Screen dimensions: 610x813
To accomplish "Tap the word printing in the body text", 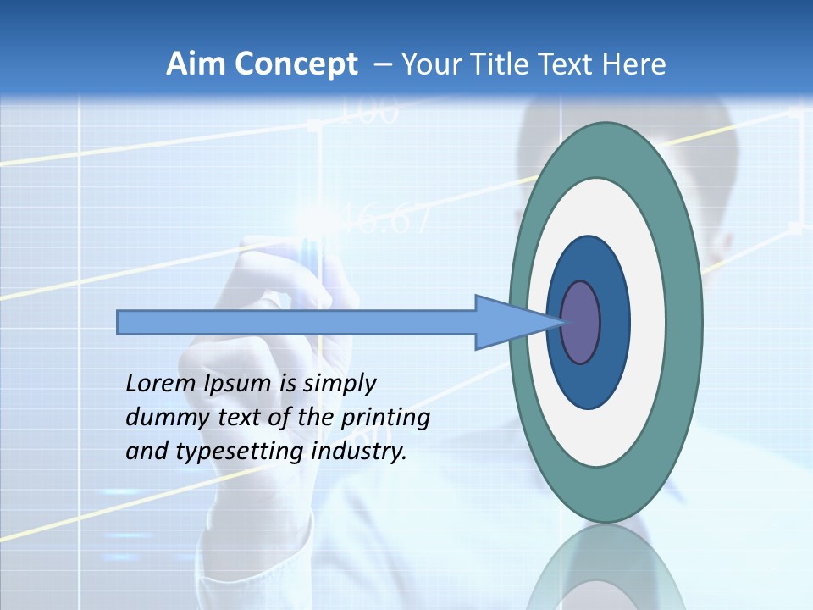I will point(385,419).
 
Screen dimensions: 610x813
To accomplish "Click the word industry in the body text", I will point(359,452).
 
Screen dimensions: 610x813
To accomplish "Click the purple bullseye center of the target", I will point(581,323).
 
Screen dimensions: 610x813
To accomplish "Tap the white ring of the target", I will point(647,323).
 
